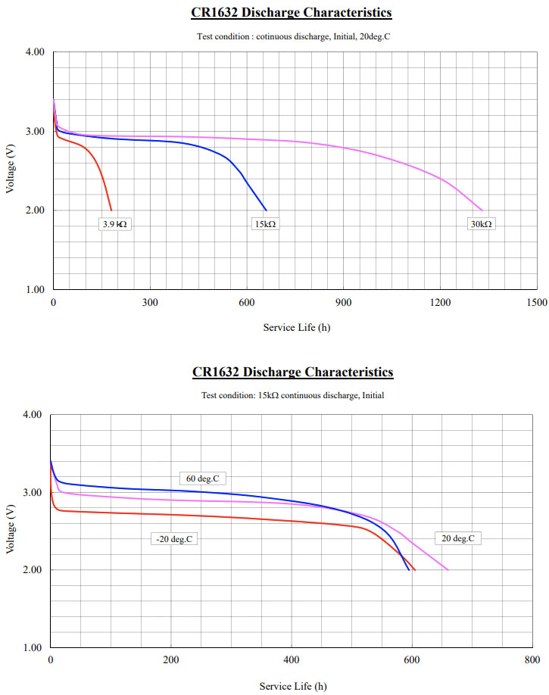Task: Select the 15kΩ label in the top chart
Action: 264,224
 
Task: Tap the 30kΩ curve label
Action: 481,224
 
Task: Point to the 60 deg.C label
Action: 203,478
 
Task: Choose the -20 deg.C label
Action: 174,539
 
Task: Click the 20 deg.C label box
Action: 458,538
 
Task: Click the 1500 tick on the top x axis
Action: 536,303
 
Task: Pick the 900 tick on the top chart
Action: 343,303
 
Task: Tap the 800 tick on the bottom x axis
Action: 532,660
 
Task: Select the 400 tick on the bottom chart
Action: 292,660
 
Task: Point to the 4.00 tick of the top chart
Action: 36,52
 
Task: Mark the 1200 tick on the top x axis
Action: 440,303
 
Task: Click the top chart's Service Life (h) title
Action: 296,328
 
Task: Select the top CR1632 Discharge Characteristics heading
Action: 292,13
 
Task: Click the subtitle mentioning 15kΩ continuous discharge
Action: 292,395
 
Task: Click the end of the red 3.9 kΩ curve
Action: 111,210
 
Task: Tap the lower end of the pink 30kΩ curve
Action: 482,210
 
